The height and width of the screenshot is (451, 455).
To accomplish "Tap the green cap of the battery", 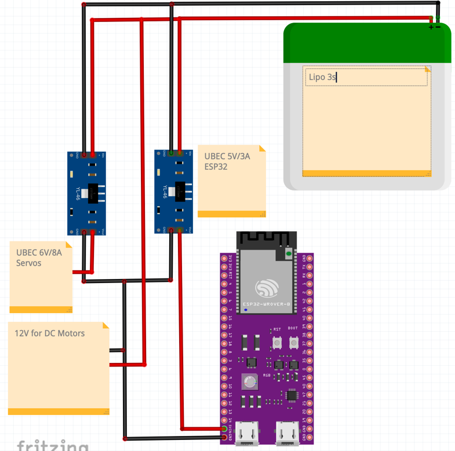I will point(367,44).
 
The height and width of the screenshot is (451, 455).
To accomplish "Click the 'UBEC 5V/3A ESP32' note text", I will point(227,161).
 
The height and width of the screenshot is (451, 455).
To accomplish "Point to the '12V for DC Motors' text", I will point(49,333).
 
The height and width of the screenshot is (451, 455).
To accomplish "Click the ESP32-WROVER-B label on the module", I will point(266,304).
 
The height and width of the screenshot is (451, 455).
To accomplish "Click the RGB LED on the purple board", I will point(250,382).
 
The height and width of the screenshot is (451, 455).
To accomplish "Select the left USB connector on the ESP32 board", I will point(247,434).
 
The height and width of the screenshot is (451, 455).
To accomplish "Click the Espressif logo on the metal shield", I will point(267,288).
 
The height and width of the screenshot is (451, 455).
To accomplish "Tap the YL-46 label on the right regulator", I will point(165,191).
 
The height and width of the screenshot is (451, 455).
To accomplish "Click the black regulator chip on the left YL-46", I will point(93,192).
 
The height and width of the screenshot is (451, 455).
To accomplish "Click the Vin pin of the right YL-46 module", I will point(180,154).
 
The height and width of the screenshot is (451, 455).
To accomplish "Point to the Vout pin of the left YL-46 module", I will point(93,232).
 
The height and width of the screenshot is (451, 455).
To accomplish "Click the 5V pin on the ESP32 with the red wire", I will point(225,429).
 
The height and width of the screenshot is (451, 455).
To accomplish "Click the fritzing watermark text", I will point(52,446).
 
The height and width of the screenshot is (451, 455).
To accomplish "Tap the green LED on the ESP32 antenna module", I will point(289,254).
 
